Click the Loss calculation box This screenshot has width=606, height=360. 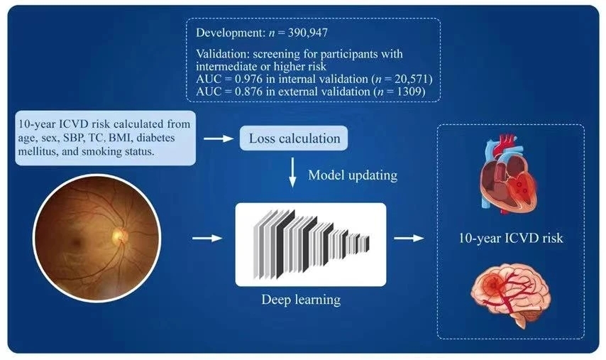tap(294, 138)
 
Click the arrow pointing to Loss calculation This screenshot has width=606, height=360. tap(219, 138)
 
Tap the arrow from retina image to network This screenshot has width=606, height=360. tap(208, 239)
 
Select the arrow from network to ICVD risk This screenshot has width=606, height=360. tap(404, 239)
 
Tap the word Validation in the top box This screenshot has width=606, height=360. tap(219, 52)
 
